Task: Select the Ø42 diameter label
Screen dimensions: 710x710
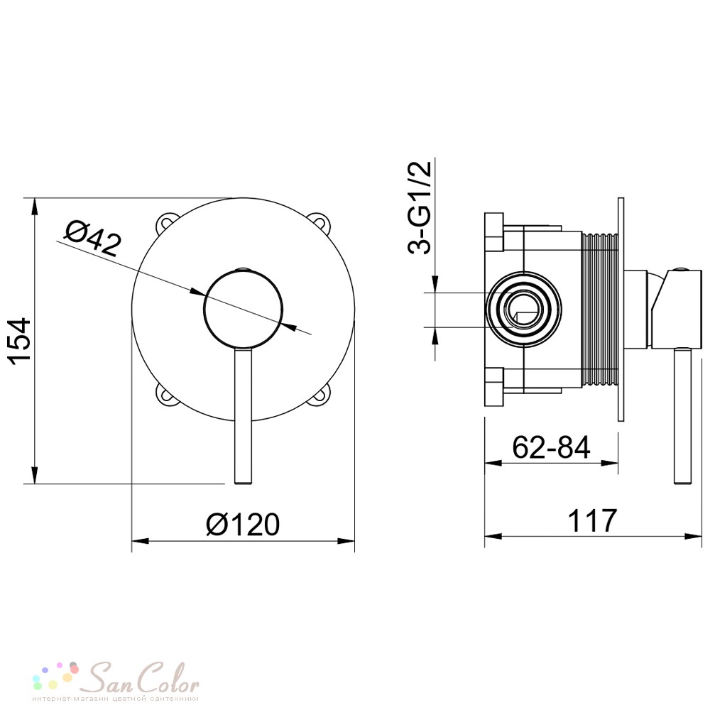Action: [x=93, y=238]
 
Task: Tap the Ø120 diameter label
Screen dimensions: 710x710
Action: [x=243, y=525]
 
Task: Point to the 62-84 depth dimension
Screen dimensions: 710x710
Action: [x=551, y=447]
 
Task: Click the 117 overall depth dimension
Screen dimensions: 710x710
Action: [x=592, y=520]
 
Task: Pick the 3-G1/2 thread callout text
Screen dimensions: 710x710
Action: [x=420, y=208]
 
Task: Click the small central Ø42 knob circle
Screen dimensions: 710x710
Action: [x=244, y=308]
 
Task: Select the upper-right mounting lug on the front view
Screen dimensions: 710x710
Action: [x=322, y=222]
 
